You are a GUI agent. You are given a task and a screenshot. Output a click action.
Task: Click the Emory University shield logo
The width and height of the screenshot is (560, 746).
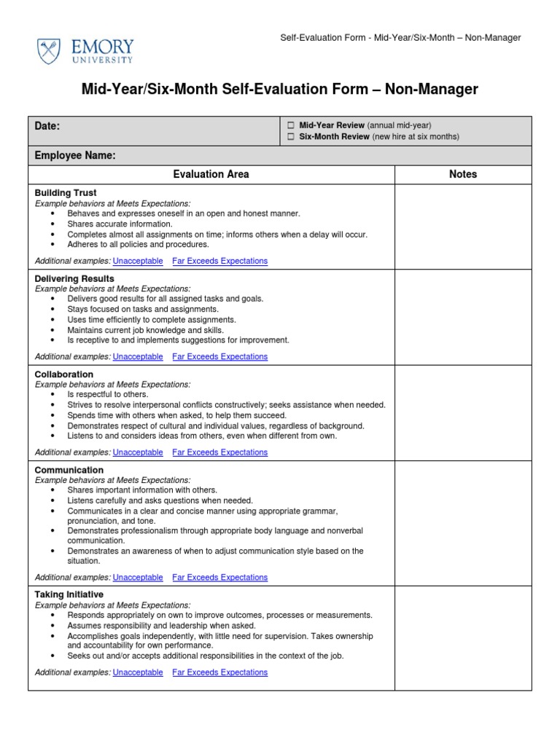click(50, 51)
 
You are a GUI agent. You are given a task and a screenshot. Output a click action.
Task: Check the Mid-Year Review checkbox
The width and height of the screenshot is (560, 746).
click(290, 125)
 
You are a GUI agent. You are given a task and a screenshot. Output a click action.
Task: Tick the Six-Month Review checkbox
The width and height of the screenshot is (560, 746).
click(290, 136)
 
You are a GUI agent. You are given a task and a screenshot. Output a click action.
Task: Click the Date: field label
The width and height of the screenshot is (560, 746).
click(47, 126)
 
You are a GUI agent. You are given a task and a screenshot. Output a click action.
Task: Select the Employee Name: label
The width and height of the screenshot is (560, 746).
click(75, 155)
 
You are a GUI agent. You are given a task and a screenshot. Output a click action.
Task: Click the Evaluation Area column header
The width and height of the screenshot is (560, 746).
click(211, 174)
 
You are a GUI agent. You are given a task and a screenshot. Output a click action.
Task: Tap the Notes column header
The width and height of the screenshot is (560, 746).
click(463, 174)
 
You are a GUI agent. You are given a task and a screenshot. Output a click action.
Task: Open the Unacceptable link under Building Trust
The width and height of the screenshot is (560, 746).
click(138, 261)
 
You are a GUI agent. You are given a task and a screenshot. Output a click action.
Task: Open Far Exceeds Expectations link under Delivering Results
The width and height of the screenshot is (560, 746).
click(219, 356)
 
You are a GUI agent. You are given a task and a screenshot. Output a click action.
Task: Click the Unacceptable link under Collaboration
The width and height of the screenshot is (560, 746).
click(138, 452)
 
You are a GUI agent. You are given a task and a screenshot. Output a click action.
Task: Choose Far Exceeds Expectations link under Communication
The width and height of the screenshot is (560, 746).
click(219, 577)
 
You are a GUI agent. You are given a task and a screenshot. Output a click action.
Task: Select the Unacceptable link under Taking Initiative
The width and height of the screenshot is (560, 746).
click(138, 672)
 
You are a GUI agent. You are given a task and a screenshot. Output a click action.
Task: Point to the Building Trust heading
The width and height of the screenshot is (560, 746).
click(66, 193)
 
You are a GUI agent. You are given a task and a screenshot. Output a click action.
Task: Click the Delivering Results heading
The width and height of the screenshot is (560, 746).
click(74, 278)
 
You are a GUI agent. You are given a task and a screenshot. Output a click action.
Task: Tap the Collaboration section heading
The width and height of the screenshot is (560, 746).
click(64, 374)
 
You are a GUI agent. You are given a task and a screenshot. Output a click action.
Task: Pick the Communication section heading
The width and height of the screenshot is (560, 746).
click(69, 470)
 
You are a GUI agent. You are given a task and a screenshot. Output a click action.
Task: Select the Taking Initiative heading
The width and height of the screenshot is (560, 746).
click(69, 594)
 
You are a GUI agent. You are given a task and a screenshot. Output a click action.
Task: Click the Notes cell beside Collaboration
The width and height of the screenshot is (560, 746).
click(463, 412)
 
